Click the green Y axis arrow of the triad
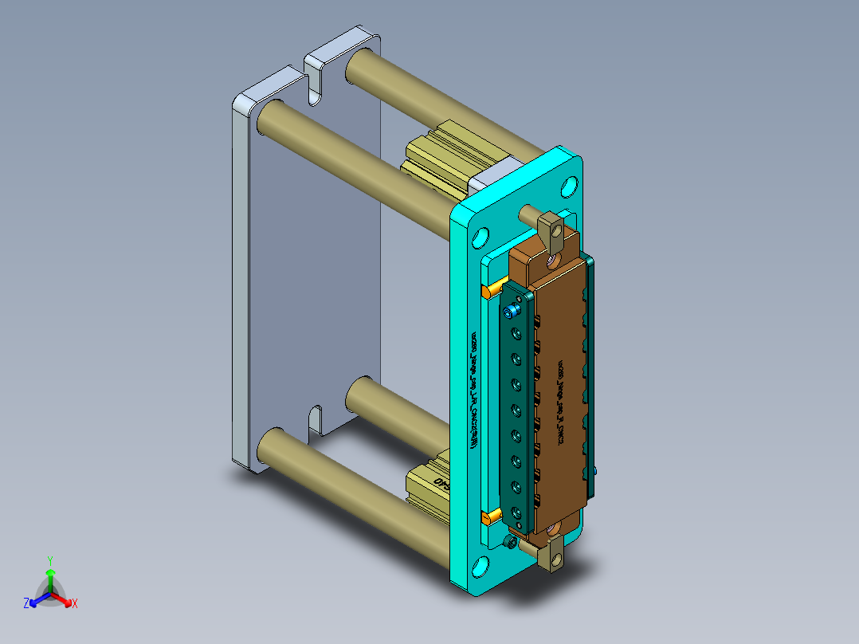[x=50, y=572]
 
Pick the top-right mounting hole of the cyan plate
[x=568, y=188]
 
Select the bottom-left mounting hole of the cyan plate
[x=481, y=567]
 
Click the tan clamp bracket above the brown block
[x=551, y=232]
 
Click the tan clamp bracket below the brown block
[x=553, y=555]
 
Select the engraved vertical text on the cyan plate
[x=476, y=391]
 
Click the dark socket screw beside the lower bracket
[x=511, y=544]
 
